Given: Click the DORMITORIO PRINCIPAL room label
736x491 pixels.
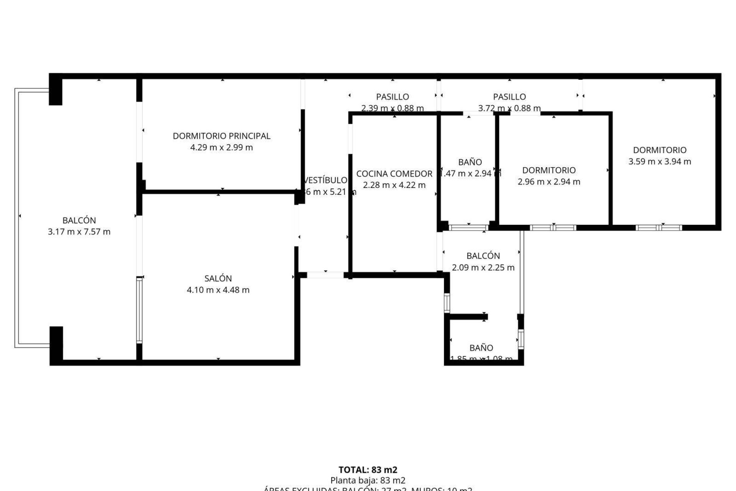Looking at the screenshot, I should [222, 136].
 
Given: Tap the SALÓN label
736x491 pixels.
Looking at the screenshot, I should [218, 278].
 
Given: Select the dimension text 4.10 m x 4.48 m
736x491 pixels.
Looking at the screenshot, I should [218, 290].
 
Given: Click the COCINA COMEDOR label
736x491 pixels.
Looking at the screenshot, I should [394, 174].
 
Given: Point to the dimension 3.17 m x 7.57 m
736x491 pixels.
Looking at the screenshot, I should [79, 232].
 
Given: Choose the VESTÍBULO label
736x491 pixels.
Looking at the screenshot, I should [325, 180].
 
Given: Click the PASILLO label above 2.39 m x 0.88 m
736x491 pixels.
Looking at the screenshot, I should [392, 97].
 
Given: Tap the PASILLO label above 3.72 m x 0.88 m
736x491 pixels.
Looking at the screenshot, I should [509, 97].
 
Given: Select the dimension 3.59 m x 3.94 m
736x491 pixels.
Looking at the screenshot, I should [659, 161].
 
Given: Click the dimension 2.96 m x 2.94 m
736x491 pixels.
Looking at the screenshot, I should [549, 182].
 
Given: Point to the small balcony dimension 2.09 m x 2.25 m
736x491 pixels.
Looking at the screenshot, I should [483, 267].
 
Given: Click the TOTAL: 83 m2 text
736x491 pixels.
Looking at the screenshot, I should [368, 470].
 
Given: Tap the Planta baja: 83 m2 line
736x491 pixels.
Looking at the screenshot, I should [368, 480].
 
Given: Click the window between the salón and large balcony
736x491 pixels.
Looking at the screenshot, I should [139, 310].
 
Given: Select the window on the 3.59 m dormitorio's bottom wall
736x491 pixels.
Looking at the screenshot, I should [659, 227].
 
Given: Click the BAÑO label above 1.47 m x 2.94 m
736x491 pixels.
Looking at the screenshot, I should [470, 162].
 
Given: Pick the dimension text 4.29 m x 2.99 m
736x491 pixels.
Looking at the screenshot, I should [222, 147].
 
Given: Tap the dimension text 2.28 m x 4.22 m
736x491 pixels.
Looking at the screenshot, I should [394, 185].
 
